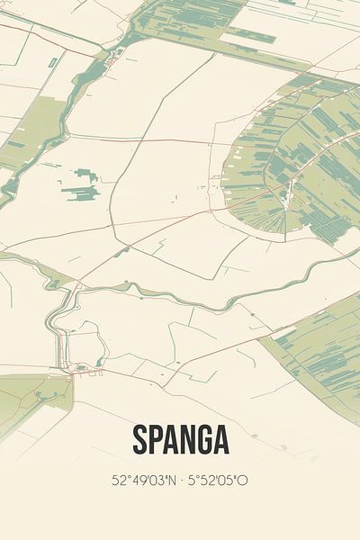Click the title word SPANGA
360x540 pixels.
[180, 440]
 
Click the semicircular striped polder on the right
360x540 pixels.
[297, 162]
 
